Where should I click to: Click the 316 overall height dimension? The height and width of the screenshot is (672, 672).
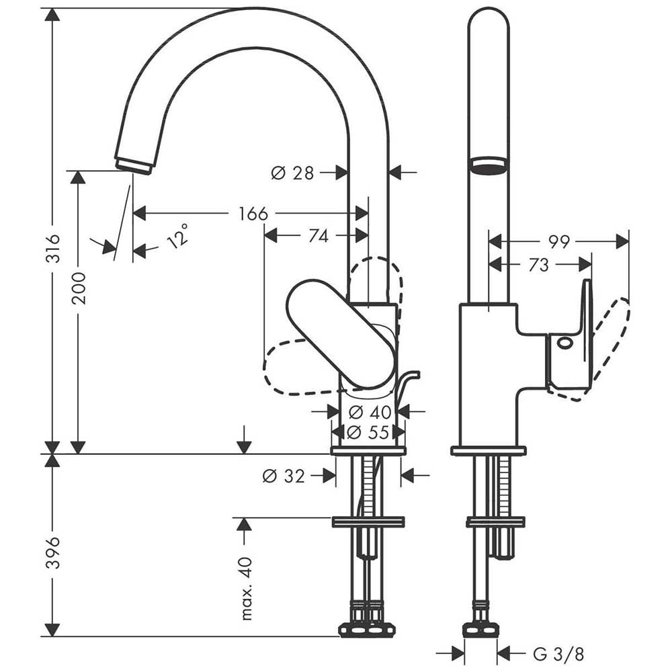pos(52,248)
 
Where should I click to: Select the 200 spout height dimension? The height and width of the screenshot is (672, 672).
pos(79,288)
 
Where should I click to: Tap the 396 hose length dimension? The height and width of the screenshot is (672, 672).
pos(52,552)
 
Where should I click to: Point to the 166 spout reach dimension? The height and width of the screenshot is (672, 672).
pos(253,214)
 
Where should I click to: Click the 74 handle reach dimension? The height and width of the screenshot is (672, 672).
pos(319,236)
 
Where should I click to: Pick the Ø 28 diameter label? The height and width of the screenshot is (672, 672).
pos(293,173)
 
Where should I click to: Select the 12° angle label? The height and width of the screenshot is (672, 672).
pos(178,236)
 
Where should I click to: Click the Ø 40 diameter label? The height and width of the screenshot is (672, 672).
pos(370,413)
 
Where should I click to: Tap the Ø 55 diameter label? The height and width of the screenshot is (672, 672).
pos(368,432)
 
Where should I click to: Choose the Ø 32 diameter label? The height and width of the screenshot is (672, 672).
pos(284,476)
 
